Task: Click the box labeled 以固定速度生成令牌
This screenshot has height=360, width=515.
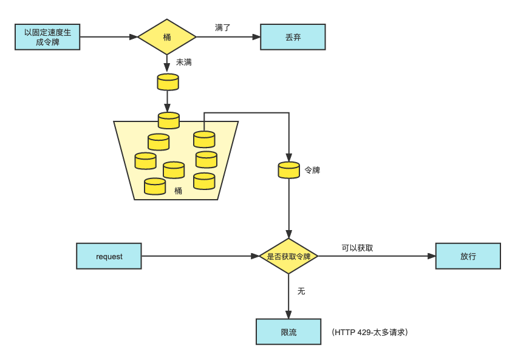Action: tap(47, 37)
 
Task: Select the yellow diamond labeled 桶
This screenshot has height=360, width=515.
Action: tap(167, 37)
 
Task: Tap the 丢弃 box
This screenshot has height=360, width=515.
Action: tap(293, 37)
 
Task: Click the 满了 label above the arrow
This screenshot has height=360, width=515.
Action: tap(222, 27)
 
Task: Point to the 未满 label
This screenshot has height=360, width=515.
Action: tap(184, 62)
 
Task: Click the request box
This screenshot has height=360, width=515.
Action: tap(109, 256)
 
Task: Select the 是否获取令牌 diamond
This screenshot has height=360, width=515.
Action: tap(288, 256)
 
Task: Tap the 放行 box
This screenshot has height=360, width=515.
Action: tap(468, 256)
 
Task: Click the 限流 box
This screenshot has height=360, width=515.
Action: tap(288, 332)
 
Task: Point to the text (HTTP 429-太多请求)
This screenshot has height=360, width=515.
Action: tap(370, 333)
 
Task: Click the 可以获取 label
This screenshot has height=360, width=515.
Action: tap(357, 248)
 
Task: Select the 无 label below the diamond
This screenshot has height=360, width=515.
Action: tap(301, 291)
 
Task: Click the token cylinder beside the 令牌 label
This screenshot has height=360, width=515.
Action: tap(288, 170)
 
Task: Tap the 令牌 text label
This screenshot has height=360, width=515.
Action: tap(312, 171)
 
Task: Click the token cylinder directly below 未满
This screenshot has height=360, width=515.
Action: tap(168, 82)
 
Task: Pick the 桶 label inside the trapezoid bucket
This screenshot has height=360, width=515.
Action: tap(178, 191)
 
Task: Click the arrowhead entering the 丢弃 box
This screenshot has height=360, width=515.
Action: tap(256, 37)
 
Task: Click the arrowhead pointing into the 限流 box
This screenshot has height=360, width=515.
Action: tap(288, 314)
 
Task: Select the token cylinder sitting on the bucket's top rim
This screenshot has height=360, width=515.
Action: tap(168, 120)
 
